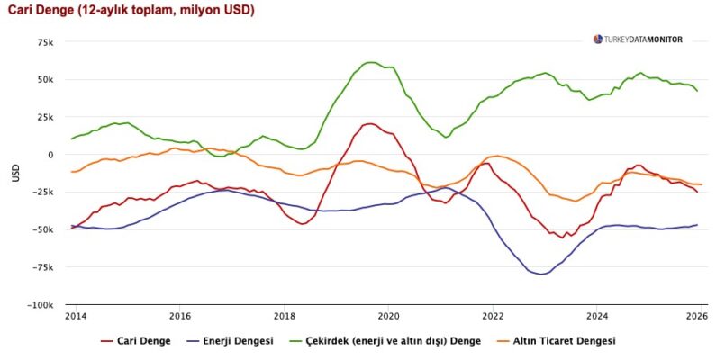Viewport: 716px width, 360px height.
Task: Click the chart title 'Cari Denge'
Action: point(130,11)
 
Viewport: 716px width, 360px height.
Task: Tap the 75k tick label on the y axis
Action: point(45,42)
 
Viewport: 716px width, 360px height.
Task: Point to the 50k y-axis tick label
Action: point(45,79)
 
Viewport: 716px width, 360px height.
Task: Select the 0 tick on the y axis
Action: point(52,155)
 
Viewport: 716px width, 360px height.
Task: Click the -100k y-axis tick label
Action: point(41,305)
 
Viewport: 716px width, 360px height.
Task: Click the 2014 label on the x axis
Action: point(77,317)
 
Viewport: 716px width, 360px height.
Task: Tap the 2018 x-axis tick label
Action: point(285,317)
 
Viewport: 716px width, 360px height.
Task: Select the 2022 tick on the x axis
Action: point(493,317)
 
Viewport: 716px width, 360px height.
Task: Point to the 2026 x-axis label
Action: point(695,317)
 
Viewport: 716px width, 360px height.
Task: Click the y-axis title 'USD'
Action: point(15,174)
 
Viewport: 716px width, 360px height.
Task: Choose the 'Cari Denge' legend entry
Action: point(139,341)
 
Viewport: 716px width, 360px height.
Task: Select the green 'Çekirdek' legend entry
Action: point(382,341)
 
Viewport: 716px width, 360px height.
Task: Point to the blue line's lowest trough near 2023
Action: point(541,274)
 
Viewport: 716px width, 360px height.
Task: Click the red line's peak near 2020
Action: point(369,124)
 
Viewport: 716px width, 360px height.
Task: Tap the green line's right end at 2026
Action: point(697,91)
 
